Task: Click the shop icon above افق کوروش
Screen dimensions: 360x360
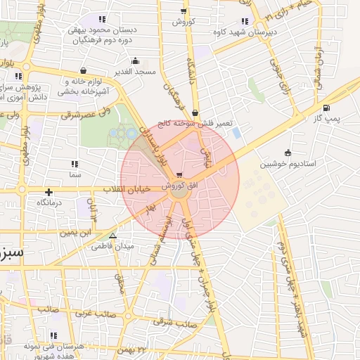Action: click(x=181, y=175)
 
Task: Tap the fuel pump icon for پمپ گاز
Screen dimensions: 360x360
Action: click(x=326, y=108)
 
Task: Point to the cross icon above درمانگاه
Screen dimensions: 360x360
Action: click(x=49, y=191)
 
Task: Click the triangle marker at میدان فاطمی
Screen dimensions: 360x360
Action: click(x=113, y=236)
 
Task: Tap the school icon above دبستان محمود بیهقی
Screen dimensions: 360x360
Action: click(x=103, y=20)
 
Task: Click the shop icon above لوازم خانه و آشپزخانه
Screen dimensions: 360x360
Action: click(x=84, y=70)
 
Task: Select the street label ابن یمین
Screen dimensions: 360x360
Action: click(x=76, y=231)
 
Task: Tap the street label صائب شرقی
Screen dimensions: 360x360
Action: click(x=178, y=323)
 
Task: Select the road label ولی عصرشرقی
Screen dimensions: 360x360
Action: click(x=86, y=112)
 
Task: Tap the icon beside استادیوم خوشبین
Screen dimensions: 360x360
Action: click(x=288, y=153)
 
